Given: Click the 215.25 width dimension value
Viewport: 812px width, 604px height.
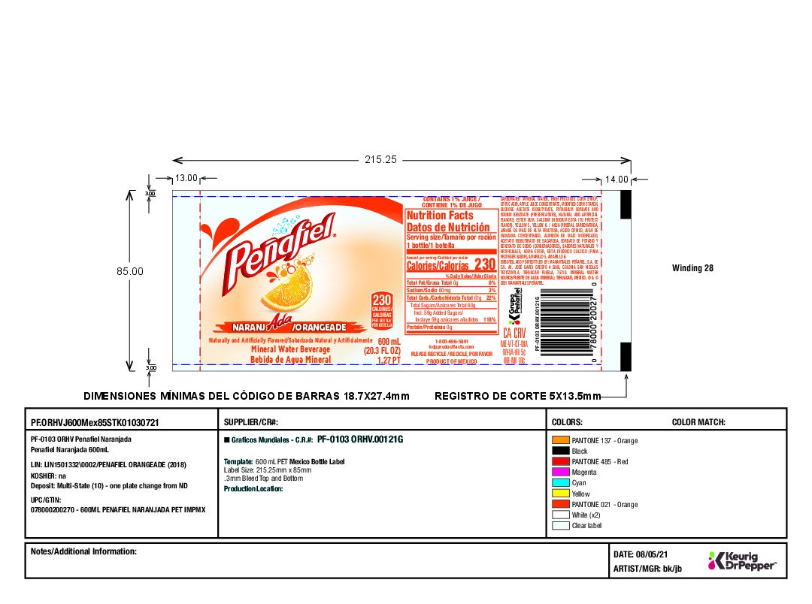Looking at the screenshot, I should (380, 160).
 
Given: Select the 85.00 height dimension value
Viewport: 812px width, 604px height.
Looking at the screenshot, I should (129, 270).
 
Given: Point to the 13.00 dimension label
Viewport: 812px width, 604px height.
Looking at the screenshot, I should (186, 179).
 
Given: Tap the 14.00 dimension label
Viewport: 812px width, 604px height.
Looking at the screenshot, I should (617, 180).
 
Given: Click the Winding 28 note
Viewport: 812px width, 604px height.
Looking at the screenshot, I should (692, 267).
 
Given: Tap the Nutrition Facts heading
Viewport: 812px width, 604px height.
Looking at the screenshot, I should (438, 216).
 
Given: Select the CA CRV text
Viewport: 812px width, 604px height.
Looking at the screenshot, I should (513, 332).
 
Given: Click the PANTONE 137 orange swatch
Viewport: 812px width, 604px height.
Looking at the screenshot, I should (559, 440).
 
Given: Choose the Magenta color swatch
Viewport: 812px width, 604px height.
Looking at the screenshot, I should (559, 472).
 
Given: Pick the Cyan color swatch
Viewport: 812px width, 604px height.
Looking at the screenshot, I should (559, 482).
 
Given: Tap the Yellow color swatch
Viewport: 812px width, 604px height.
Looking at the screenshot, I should (559, 493).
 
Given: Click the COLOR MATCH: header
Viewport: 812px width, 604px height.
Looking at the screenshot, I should (698, 423).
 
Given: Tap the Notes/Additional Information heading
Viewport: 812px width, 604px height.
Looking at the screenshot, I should (83, 551).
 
